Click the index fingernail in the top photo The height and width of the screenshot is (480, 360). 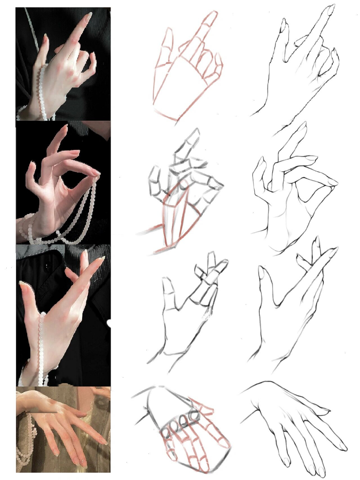(x=89, y=16)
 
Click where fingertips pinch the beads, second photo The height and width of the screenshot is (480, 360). (x=96, y=174)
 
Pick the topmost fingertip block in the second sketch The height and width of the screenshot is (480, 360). (x=194, y=136)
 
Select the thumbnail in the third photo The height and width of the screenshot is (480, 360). (x=25, y=287)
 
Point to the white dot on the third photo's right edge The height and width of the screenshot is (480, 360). (x=109, y=322)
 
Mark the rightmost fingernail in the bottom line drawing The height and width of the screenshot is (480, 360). (x=342, y=446)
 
